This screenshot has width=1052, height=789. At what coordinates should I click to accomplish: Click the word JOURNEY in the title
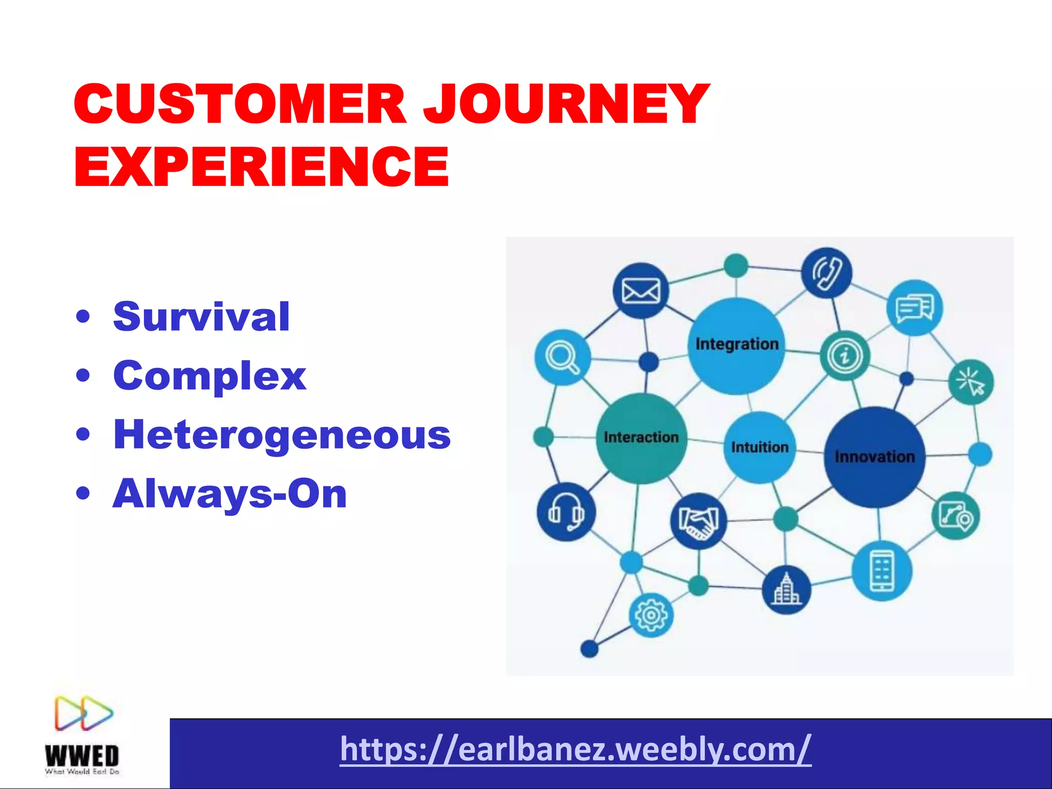tap(565, 104)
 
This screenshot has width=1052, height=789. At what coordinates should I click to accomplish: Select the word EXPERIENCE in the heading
tap(262, 166)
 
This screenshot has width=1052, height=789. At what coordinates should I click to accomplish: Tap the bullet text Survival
tap(201, 316)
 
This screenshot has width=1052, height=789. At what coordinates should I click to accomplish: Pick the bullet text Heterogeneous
tap(281, 435)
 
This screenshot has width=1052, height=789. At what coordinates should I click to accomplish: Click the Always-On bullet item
tap(230, 494)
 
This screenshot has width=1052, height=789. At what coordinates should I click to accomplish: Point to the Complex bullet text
tap(210, 375)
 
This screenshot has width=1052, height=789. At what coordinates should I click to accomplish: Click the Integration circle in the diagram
tap(737, 345)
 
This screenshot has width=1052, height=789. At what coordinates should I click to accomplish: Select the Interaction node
tap(641, 438)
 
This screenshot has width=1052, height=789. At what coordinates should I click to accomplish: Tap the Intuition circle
tap(759, 447)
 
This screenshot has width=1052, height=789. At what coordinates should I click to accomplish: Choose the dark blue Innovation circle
tap(874, 457)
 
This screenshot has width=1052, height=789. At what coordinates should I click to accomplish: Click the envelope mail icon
tap(641, 291)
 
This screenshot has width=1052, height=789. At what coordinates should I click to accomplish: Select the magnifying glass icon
tap(562, 357)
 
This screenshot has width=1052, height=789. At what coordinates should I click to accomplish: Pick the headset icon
tap(566, 512)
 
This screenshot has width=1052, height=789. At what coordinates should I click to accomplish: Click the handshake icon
tap(699, 521)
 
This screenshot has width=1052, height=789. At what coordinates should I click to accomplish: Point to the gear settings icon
tap(651, 615)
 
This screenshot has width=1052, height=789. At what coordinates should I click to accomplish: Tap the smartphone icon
tap(881, 571)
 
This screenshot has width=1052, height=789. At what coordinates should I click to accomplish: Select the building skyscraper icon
tap(786, 590)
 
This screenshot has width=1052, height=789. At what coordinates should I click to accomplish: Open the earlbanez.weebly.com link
tap(575, 749)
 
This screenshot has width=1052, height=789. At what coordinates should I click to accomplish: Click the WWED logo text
tap(82, 756)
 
